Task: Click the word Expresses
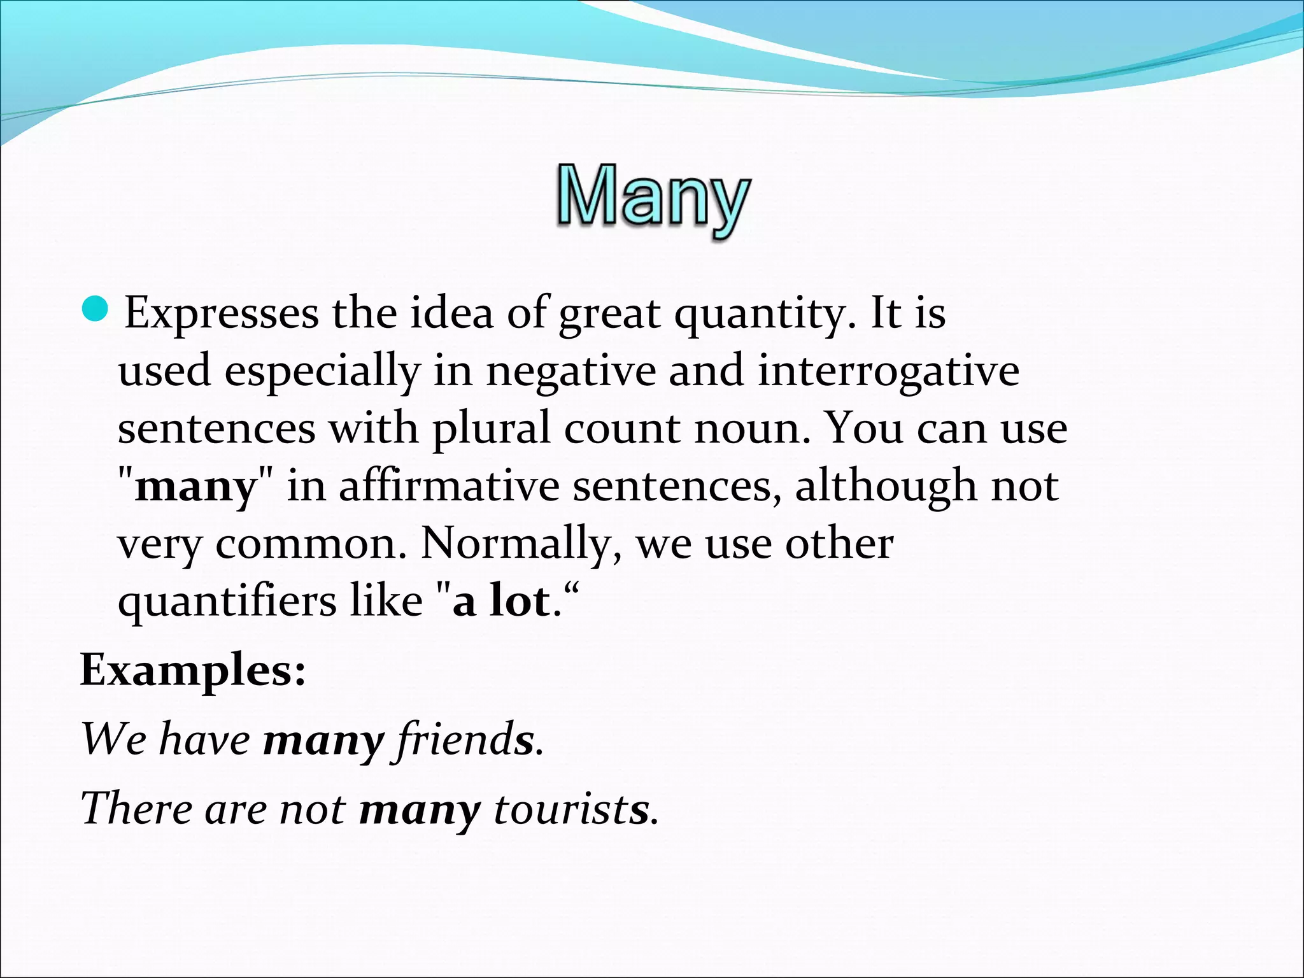221,313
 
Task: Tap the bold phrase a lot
501,600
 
